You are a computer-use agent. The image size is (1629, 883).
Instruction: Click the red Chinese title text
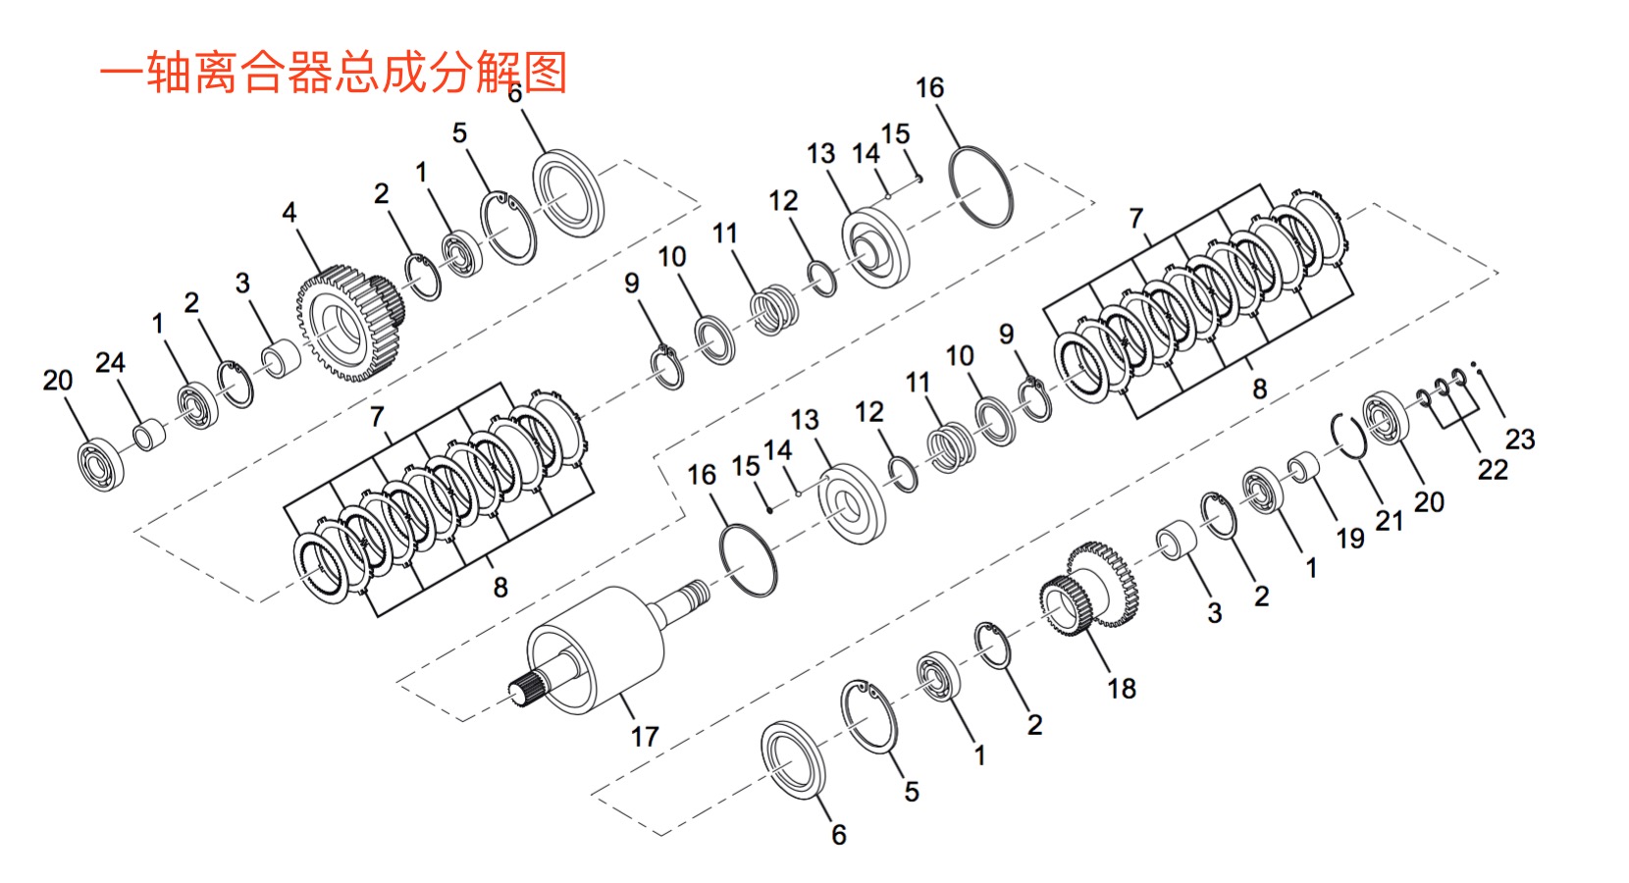334,73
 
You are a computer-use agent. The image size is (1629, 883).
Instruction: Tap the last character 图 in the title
546,73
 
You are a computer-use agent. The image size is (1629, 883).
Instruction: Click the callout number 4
289,212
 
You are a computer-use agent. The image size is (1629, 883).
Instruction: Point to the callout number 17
645,736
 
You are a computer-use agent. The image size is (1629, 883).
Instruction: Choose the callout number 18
1122,688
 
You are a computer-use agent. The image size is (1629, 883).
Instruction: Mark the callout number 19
1350,538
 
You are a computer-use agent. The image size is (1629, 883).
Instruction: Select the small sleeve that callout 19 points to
1302,467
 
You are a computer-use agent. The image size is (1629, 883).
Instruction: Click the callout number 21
1389,520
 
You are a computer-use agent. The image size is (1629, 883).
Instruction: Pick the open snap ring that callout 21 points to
1348,436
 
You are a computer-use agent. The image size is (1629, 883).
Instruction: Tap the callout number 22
1493,469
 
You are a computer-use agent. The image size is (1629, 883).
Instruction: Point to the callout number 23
1519,439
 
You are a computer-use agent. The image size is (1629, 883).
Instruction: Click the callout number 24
110,362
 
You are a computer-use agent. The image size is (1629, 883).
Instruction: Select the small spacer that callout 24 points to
148,435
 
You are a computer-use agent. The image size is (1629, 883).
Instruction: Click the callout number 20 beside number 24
58,380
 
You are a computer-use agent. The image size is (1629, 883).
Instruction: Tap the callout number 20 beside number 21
1429,501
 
